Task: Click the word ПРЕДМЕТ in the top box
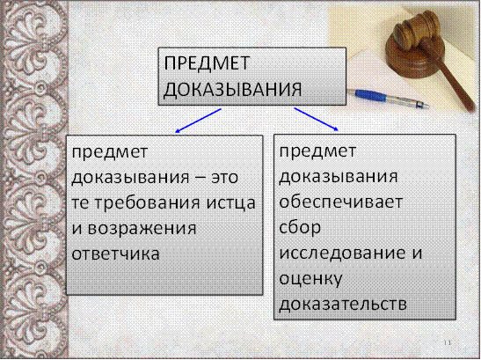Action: pyautogui.click(x=207, y=63)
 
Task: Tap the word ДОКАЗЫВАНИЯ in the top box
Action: pyautogui.click(x=232, y=90)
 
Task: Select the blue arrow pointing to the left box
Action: pyautogui.click(x=198, y=121)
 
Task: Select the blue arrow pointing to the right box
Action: pyautogui.click(x=317, y=119)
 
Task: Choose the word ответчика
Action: pyautogui.click(x=116, y=254)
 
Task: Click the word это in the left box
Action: pyautogui.click(x=224, y=178)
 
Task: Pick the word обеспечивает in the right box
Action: pyautogui.click(x=341, y=202)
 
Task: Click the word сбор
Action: pyautogui.click(x=300, y=227)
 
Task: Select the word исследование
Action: pyautogui.click(x=342, y=253)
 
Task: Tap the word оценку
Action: pyautogui.click(x=310, y=279)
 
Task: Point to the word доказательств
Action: pyautogui.click(x=343, y=304)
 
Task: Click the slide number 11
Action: pyautogui.click(x=448, y=342)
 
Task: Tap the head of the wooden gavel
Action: pyautogui.click(x=414, y=30)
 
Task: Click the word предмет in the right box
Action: pyautogui.click(x=317, y=151)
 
